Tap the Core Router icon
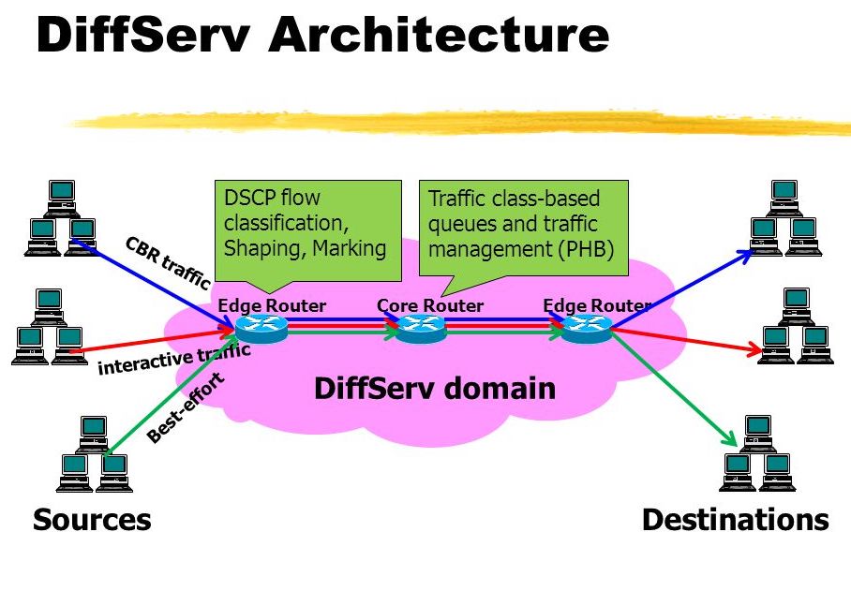[421, 327]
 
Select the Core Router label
[430, 305]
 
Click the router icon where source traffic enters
[261, 327]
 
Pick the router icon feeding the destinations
[587, 327]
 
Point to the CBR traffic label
[167, 262]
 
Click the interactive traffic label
[174, 358]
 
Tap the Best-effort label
[186, 408]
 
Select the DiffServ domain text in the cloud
[435, 388]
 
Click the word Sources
[92, 520]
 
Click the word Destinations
[735, 520]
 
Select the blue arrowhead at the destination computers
[746, 253]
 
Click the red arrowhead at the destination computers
[755, 351]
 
